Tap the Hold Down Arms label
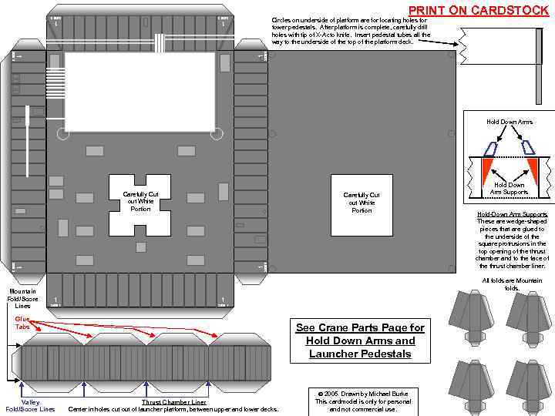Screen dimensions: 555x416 pyautogui.click(x=509, y=122)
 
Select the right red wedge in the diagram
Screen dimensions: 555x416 pyautogui.click(x=532, y=169)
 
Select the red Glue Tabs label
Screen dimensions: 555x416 pyautogui.click(x=22, y=322)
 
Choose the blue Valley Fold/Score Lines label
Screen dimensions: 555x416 pyautogui.click(x=30, y=405)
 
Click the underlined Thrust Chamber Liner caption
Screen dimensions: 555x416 pyautogui.click(x=174, y=402)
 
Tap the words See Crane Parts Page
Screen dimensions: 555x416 pyautogui.click(x=360, y=327)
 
